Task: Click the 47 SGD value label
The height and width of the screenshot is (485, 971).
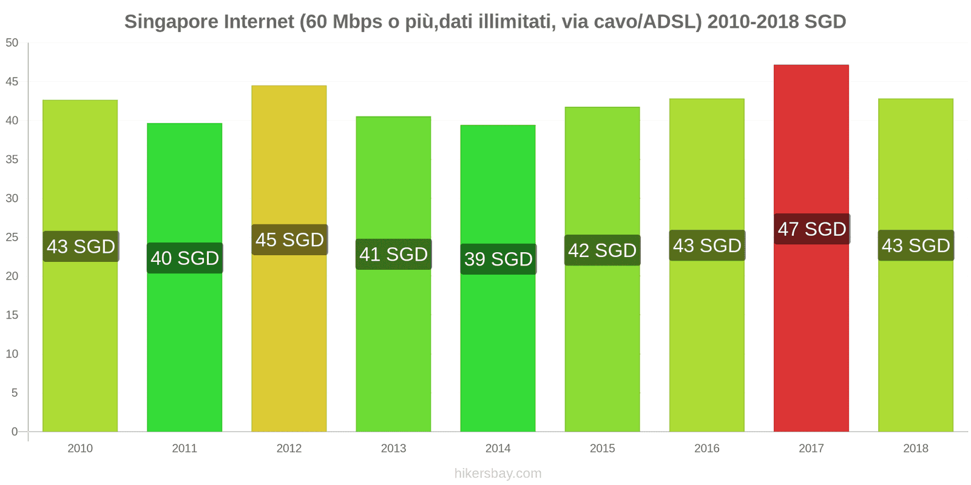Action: click(x=811, y=229)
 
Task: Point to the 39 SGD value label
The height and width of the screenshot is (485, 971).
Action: click(x=498, y=259)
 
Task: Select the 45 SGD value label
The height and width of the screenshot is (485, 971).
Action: click(x=289, y=239)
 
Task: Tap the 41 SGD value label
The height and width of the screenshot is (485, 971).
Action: click(x=393, y=254)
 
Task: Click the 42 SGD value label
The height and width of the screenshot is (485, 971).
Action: click(x=602, y=250)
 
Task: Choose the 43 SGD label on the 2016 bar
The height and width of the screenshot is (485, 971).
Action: click(x=707, y=246)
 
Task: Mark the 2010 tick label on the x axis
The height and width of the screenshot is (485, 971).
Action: click(x=80, y=449)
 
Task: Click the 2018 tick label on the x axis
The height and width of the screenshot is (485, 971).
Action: click(x=915, y=449)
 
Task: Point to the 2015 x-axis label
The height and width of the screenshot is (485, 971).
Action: click(x=602, y=449)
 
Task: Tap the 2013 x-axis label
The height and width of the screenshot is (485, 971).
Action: click(x=393, y=449)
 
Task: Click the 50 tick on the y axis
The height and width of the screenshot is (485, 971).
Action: click(x=12, y=43)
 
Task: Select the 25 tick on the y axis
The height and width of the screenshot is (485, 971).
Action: click(x=12, y=237)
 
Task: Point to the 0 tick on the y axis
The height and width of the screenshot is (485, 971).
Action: click(x=15, y=432)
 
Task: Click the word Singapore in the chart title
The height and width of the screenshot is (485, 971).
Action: click(x=171, y=22)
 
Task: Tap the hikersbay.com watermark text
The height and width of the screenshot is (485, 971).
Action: click(x=498, y=473)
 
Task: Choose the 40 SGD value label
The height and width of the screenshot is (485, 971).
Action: click(x=184, y=258)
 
